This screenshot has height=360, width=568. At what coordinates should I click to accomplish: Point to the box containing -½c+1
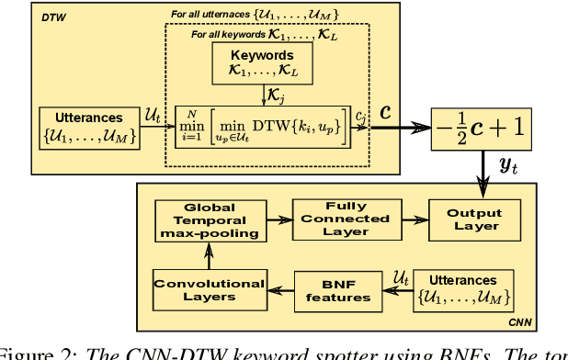(483, 129)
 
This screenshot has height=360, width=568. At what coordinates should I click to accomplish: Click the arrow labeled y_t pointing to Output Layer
(483, 168)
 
